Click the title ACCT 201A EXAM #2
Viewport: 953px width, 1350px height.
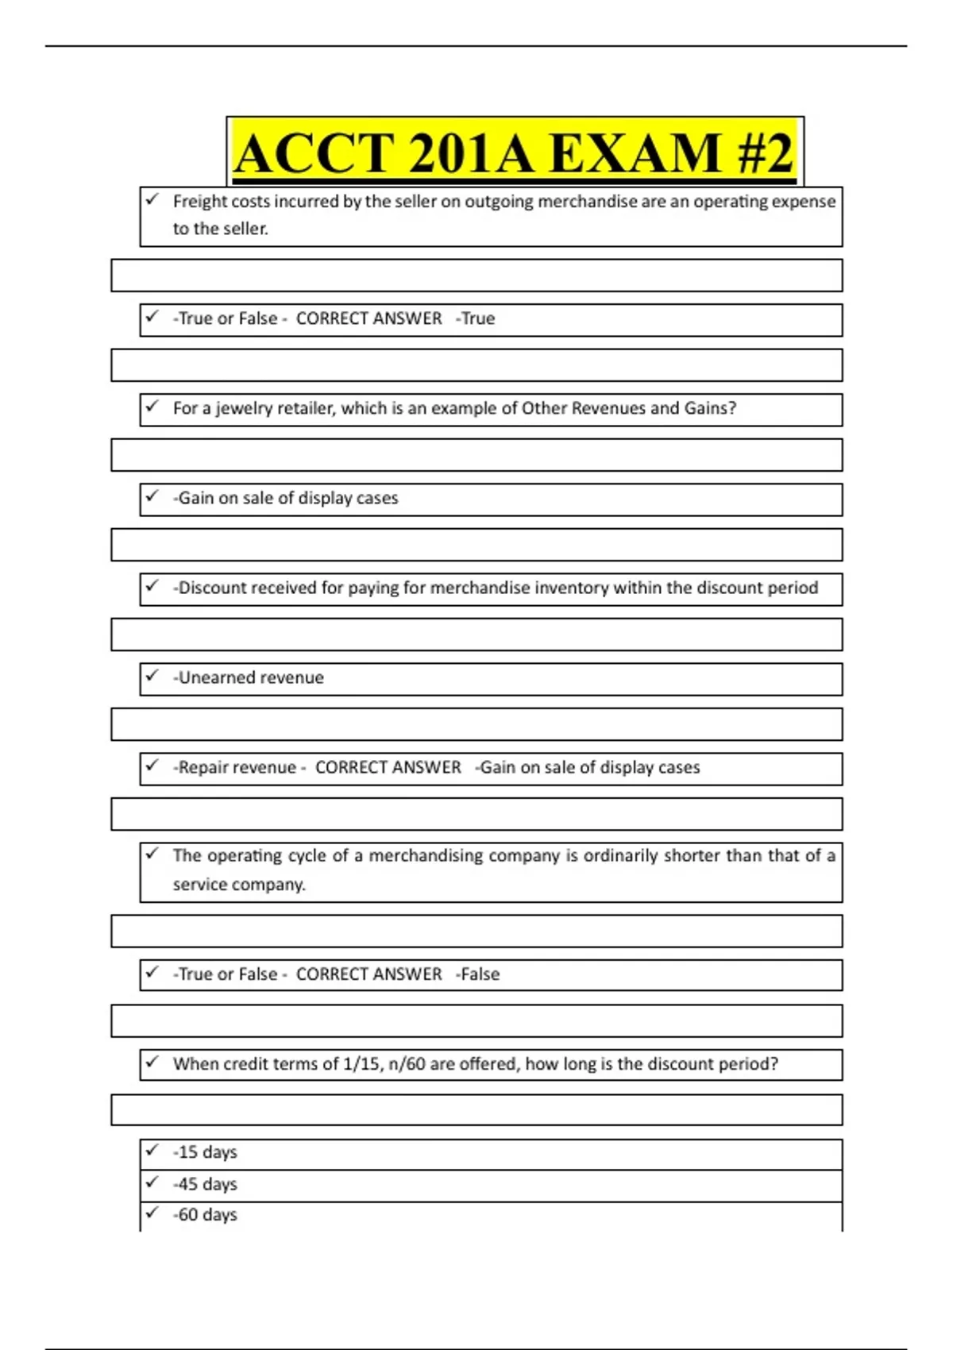point(514,152)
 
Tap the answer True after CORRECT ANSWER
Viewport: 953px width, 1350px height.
point(478,318)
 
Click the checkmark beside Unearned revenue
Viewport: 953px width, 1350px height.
point(152,676)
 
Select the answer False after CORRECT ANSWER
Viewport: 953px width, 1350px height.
point(480,974)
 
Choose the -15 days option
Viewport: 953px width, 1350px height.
point(205,1152)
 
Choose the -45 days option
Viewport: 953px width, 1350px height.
point(205,1184)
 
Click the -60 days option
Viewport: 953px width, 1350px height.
point(205,1215)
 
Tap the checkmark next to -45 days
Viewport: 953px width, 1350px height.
point(152,1182)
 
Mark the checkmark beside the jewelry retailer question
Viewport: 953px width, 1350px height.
point(152,407)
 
